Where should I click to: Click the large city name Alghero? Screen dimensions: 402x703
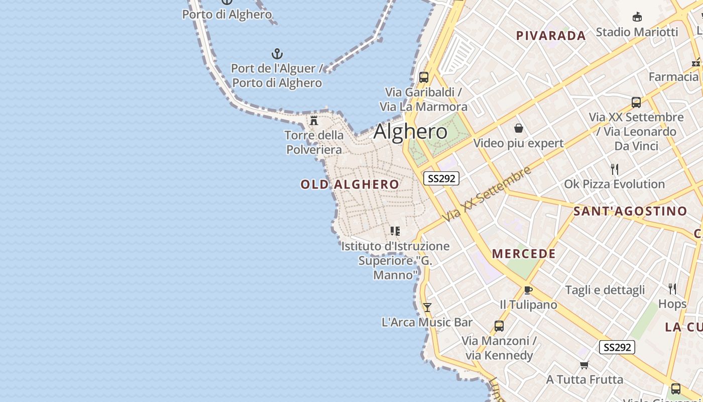coord(410,132)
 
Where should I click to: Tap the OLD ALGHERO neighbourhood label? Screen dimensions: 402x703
coord(349,184)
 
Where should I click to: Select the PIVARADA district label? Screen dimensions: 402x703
coord(551,36)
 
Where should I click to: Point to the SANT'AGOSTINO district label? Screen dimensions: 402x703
coord(630,211)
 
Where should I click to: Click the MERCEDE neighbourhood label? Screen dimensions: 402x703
coord(524,254)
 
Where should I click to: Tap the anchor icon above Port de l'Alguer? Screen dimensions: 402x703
coord(277,54)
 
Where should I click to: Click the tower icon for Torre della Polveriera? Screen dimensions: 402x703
coord(314,121)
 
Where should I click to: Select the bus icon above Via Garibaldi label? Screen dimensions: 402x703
coord(424,77)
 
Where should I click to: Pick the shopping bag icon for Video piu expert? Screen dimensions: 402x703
coord(519,129)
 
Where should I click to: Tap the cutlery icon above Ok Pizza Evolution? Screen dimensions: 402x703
coord(614,169)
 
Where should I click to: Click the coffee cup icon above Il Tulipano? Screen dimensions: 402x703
coord(528,290)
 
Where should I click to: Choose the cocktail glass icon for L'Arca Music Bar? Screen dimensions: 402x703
coord(427,307)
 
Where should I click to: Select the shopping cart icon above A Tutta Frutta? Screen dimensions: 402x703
coord(584,365)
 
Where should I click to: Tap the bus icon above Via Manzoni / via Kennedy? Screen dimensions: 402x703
coord(499,326)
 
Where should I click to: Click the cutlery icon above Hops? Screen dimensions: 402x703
coord(672,289)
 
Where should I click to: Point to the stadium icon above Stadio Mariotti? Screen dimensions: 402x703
coord(637,17)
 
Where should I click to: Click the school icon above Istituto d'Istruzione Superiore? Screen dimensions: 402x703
coord(395,231)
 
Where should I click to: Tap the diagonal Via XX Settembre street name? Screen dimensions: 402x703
coord(487,194)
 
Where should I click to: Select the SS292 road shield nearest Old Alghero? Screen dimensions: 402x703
coord(441,178)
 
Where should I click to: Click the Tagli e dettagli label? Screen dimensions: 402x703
coord(605,290)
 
